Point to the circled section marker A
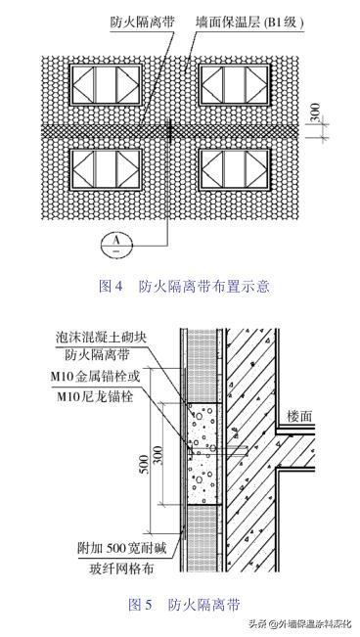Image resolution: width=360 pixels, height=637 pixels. [113, 241]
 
